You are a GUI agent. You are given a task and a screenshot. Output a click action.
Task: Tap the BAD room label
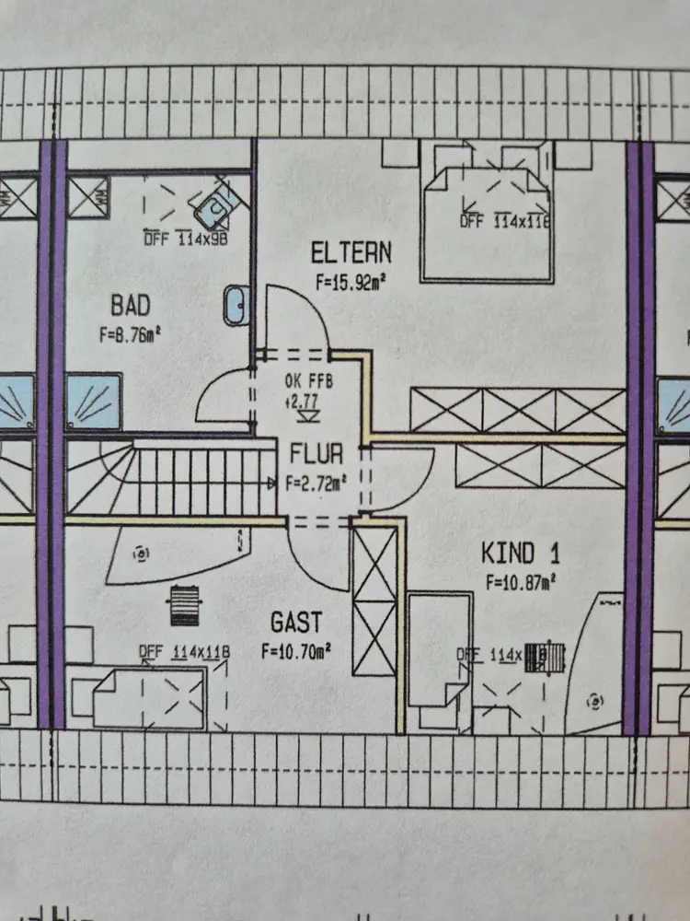(x=130, y=304)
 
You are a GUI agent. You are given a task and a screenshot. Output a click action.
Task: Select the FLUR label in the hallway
(x=316, y=453)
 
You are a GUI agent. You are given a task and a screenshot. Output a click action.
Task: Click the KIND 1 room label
(x=521, y=553)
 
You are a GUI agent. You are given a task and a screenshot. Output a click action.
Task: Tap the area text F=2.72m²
(x=316, y=482)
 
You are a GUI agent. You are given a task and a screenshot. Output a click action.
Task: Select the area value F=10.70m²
(x=296, y=651)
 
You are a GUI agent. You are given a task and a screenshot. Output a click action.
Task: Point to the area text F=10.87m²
(x=522, y=582)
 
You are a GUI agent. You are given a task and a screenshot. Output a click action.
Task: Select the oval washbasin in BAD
(x=236, y=305)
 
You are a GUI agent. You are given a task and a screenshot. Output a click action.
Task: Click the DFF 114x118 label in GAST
(x=183, y=653)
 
